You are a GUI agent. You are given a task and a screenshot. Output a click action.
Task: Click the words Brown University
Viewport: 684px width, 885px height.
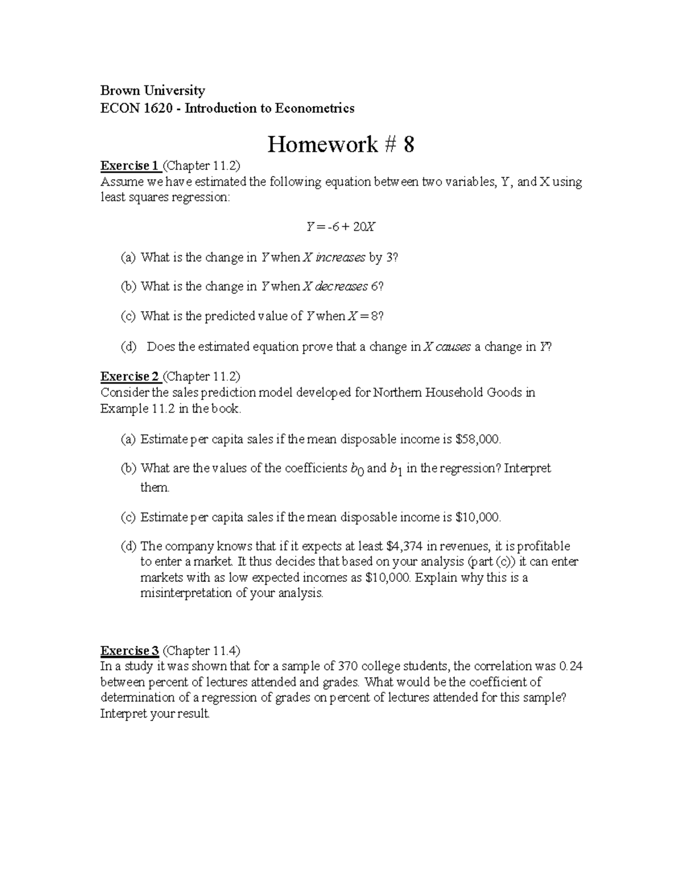point(152,91)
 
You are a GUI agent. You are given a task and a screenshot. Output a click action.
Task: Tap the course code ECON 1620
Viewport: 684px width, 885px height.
point(136,108)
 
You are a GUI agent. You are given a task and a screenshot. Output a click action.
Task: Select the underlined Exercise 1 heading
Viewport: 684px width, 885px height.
point(129,166)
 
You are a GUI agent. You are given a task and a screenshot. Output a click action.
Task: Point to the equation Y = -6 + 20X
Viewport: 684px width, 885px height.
point(341,227)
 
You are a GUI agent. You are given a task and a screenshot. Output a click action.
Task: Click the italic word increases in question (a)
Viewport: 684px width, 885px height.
point(340,258)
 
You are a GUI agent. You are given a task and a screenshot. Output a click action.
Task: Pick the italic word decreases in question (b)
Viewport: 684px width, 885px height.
point(341,287)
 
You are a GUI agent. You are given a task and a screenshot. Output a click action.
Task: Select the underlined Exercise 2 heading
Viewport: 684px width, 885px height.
point(129,377)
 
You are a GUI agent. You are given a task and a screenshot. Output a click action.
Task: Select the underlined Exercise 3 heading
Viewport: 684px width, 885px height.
point(129,651)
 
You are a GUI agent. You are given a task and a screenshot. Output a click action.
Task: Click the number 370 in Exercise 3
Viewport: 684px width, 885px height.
point(347,667)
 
